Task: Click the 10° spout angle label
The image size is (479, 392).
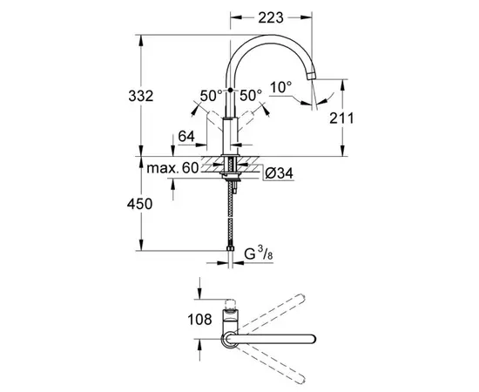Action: [280, 88]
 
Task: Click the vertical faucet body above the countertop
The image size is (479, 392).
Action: [231, 131]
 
